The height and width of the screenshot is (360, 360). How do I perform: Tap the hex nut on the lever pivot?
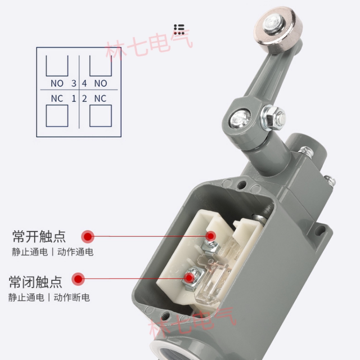click(273, 118)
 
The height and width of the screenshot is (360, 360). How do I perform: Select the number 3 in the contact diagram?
click(73, 83)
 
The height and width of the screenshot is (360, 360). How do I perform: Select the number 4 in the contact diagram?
click(84, 83)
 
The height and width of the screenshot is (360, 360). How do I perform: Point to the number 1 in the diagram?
click(73, 98)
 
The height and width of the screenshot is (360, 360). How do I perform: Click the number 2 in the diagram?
click(84, 98)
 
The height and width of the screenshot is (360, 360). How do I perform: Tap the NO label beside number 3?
click(57, 83)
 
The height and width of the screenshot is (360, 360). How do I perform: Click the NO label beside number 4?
click(100, 83)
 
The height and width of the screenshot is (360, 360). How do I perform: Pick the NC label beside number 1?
click(57, 98)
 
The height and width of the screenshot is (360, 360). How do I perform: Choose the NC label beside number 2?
click(100, 98)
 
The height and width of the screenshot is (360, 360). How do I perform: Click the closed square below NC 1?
click(56, 115)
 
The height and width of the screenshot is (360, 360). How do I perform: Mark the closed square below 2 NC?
click(101, 115)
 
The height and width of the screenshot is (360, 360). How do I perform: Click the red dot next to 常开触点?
click(87, 236)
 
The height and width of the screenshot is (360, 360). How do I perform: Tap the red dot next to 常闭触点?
click(79, 279)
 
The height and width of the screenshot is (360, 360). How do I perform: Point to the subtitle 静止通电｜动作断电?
click(49, 298)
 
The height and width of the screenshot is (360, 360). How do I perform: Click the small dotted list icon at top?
click(179, 29)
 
